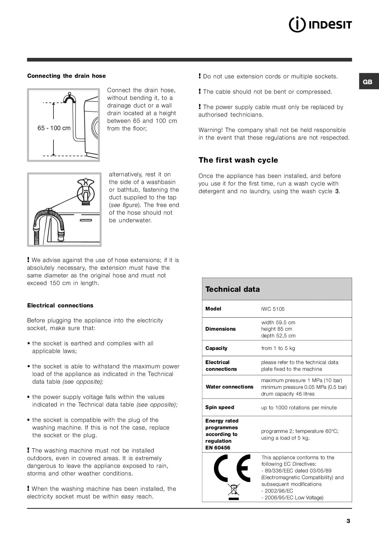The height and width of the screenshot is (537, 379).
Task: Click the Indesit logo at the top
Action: [x=320, y=25]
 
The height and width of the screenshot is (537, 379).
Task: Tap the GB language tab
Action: [x=368, y=82]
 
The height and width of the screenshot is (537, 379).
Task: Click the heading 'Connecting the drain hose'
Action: [x=66, y=76]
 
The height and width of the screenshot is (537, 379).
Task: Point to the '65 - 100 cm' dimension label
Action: [x=54, y=128]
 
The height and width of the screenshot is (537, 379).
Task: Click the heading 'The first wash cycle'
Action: [x=238, y=160]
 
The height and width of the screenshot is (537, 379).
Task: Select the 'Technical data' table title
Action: [x=232, y=289]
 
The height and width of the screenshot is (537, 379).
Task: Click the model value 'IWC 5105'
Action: [x=273, y=309]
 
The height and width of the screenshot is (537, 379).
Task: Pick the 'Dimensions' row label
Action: [x=220, y=329]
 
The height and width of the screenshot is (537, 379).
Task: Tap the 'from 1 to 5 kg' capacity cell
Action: [x=278, y=348]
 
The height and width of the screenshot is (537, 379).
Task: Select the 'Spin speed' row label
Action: [x=219, y=407]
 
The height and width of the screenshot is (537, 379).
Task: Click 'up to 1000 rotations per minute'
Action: [x=299, y=407]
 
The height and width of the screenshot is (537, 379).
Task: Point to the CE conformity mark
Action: [x=232, y=468]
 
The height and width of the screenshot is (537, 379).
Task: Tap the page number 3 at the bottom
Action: [x=348, y=521]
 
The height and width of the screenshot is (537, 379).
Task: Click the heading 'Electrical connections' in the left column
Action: [x=60, y=306]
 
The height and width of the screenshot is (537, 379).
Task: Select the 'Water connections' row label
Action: [x=229, y=387]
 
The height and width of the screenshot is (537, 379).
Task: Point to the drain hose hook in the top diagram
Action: [x=70, y=98]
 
